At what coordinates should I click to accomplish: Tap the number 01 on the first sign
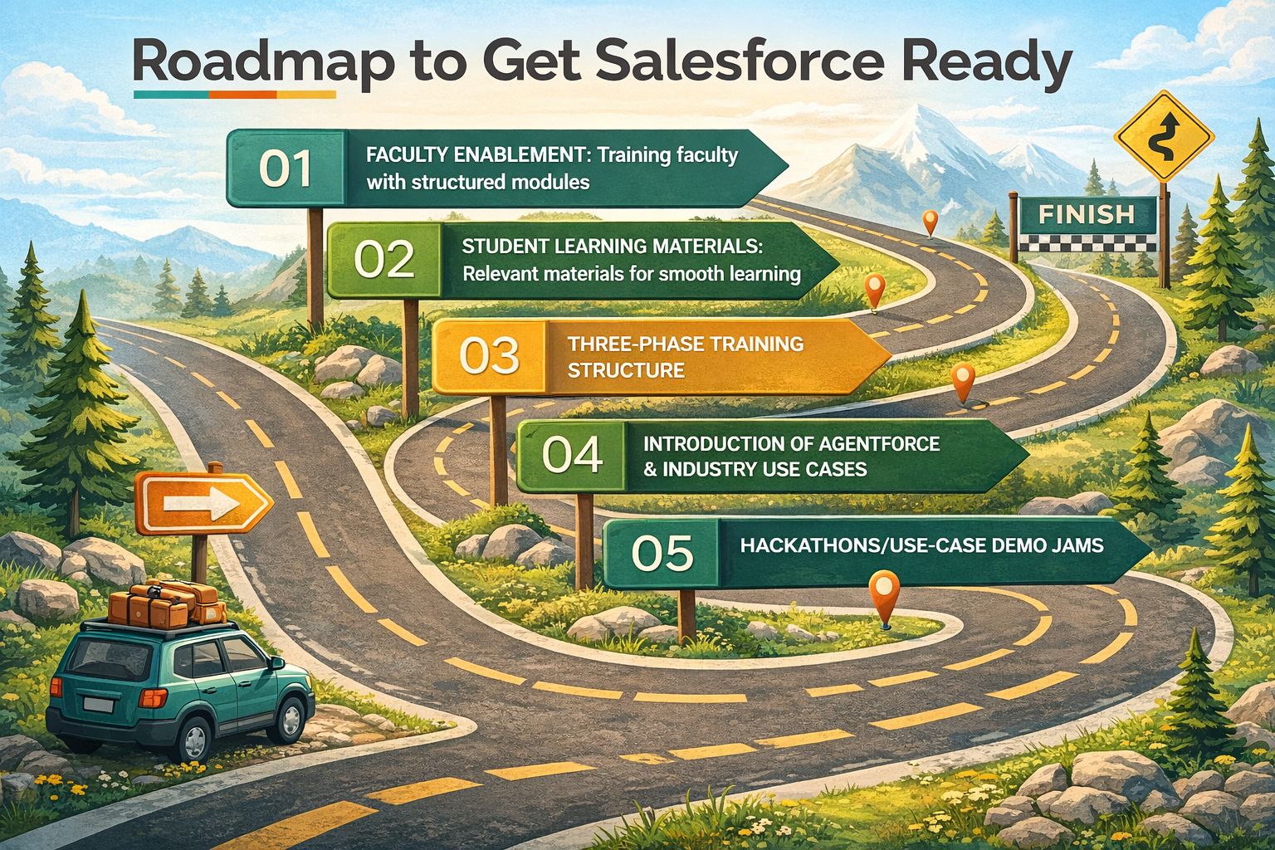point(286,169)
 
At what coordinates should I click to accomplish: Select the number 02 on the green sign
point(384,260)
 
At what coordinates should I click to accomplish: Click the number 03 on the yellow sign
point(489,356)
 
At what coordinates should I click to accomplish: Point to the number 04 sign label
point(572,455)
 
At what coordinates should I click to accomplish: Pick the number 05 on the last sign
point(662,553)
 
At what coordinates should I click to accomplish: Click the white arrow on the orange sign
point(202,503)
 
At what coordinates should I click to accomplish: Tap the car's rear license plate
point(99,704)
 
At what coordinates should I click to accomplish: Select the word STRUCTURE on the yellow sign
point(626,370)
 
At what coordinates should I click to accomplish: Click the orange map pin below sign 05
point(885,598)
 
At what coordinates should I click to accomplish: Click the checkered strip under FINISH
point(1087,243)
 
